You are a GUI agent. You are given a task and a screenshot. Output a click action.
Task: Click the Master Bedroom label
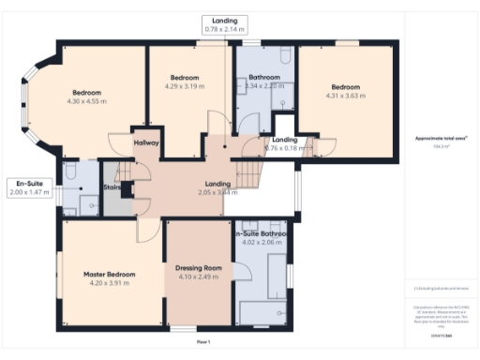tap(109, 274)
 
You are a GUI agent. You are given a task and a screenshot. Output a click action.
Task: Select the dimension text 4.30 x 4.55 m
tap(86, 102)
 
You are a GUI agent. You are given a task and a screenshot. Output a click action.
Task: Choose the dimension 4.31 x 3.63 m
tap(344, 95)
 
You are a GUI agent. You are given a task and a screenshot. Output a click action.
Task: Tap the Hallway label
tap(146, 142)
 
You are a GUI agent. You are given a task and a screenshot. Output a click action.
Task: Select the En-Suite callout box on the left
tap(27, 187)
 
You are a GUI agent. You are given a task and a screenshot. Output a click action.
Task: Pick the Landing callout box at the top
tap(225, 25)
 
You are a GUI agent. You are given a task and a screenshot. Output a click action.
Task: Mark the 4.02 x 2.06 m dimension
tap(262, 242)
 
